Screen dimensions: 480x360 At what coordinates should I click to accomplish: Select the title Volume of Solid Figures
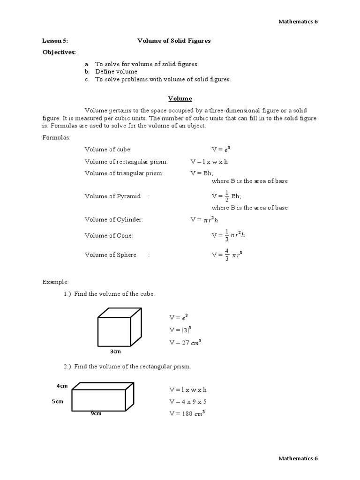(x=173, y=41)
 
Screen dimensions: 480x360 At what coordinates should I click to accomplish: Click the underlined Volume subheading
(x=180, y=99)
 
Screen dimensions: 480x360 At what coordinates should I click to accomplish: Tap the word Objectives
(x=59, y=52)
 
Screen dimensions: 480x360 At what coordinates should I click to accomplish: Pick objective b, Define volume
(x=117, y=72)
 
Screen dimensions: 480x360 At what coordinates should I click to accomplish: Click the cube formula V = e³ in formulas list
(x=221, y=149)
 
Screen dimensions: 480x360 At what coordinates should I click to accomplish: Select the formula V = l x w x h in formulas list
(x=209, y=162)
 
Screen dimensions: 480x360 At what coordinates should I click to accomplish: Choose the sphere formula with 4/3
(x=227, y=255)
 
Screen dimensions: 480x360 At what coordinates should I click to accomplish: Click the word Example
(x=55, y=282)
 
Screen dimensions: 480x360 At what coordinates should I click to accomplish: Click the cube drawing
(x=119, y=327)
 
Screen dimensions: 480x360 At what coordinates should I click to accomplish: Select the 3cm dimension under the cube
(x=116, y=351)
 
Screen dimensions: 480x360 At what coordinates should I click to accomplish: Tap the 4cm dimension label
(x=62, y=386)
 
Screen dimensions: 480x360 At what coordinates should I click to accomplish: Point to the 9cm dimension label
(x=96, y=413)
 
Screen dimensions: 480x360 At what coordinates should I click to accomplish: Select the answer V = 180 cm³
(x=187, y=413)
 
